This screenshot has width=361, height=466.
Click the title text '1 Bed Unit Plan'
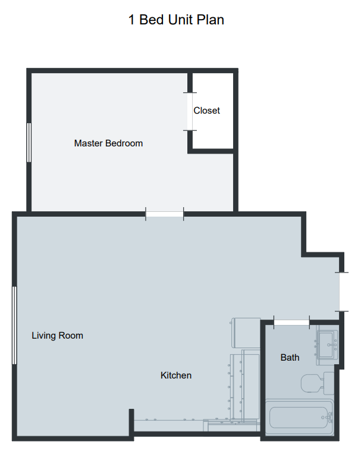click(176, 20)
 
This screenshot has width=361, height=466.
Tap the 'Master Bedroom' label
click(108, 143)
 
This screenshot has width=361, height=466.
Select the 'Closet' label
click(206, 111)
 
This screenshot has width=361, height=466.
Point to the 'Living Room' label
click(57, 336)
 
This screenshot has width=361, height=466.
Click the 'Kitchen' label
click(176, 376)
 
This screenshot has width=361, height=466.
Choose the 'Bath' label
click(290, 357)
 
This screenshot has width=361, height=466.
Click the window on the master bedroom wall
click(29, 143)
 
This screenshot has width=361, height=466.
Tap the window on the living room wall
click(14, 325)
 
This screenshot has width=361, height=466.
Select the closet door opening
click(190, 111)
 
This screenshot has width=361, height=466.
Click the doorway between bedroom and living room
click(165, 214)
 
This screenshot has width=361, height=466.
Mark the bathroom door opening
click(291, 323)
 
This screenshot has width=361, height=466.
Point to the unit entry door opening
click(341, 292)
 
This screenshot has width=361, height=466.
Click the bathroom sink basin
click(326, 345)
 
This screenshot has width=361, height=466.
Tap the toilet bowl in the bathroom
click(312, 383)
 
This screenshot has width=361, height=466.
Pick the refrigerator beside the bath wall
click(246, 333)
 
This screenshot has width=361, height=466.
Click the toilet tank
click(329, 383)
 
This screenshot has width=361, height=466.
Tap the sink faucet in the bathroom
click(332, 345)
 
